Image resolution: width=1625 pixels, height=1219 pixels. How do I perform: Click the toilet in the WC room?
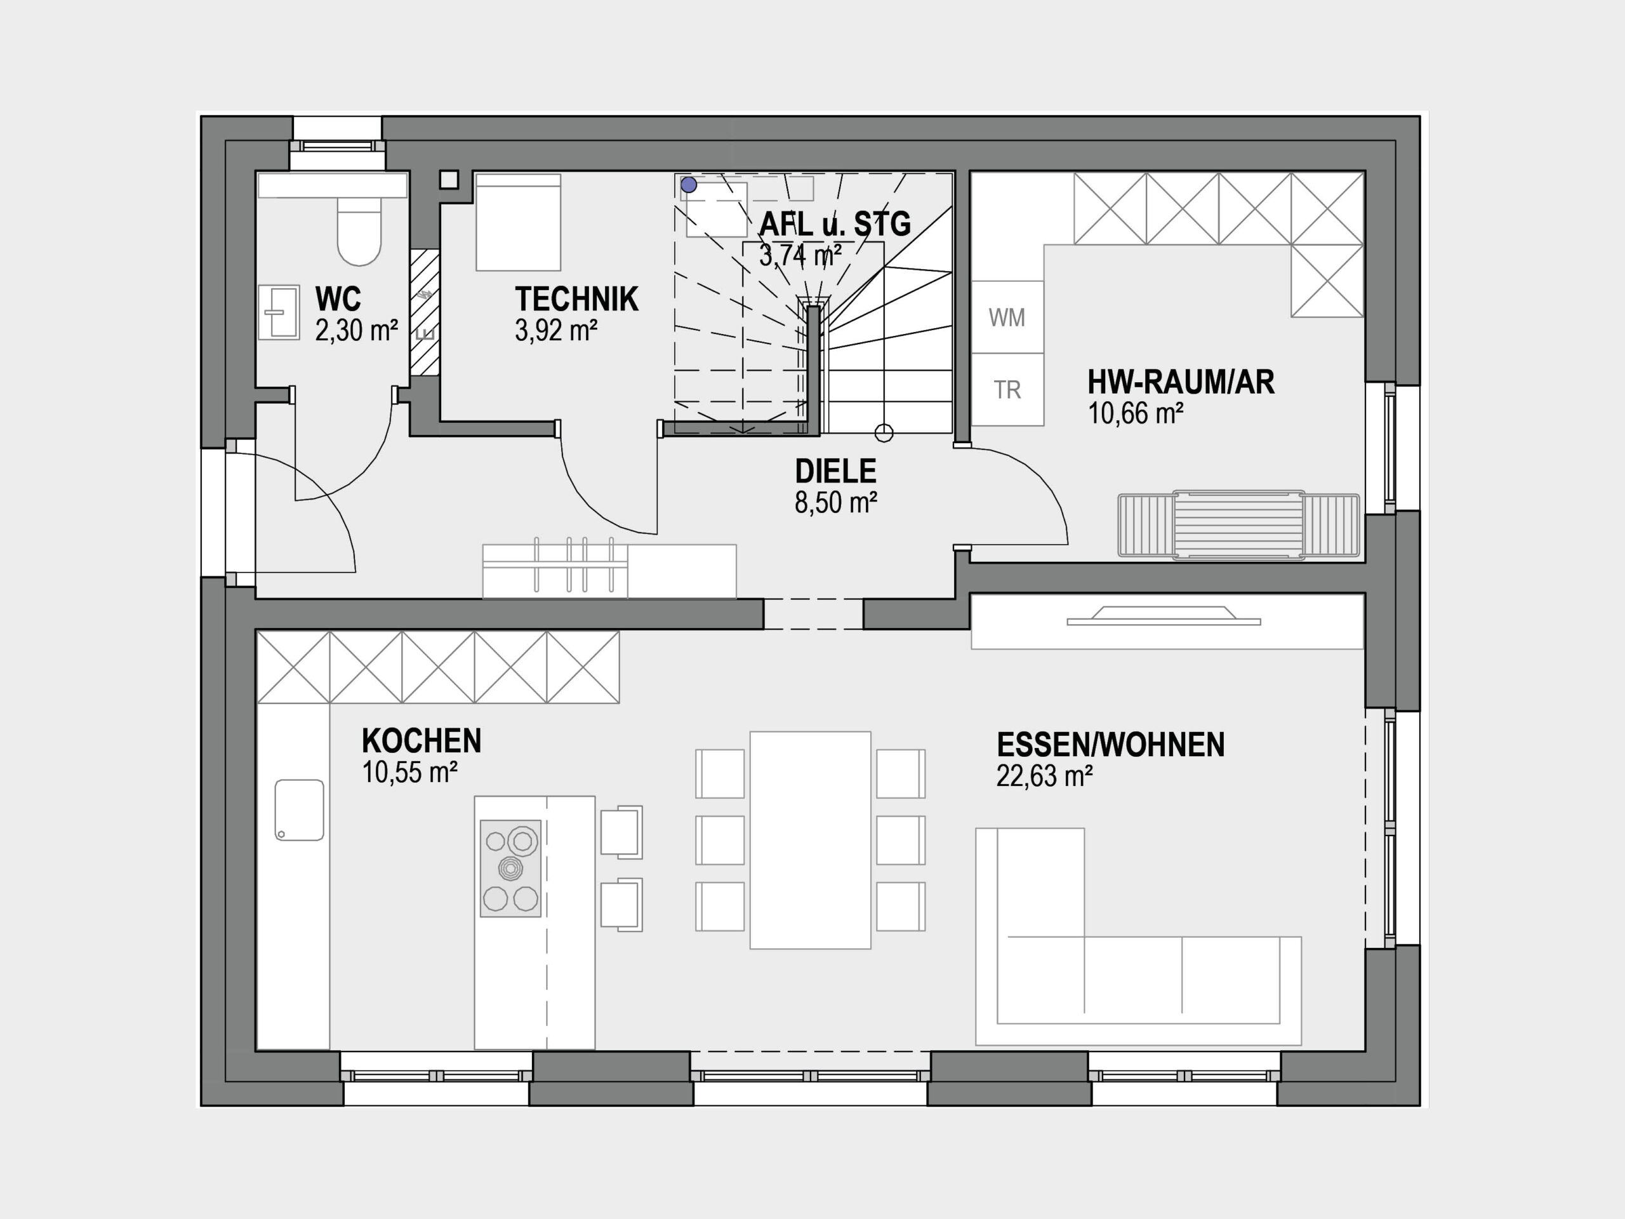click(359, 229)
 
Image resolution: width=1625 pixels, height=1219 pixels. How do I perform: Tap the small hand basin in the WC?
click(279, 312)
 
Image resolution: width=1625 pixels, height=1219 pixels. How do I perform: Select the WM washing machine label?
click(1007, 317)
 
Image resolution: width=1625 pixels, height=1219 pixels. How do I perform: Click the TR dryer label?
click(1007, 389)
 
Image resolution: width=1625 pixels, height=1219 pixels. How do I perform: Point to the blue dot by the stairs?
click(688, 184)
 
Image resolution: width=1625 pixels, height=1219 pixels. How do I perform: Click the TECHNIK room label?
click(576, 299)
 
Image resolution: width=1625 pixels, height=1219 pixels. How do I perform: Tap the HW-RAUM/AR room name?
click(1181, 382)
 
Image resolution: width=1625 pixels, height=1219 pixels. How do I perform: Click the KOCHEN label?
click(421, 741)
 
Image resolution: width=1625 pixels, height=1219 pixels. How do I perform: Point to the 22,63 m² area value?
click(1045, 776)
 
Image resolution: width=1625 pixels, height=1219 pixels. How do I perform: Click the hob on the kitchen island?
click(510, 869)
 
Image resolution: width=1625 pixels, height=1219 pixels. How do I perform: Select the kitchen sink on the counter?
click(300, 809)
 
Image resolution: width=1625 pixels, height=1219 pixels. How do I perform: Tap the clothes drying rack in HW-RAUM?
click(1238, 525)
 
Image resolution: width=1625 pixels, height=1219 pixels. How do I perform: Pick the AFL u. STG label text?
click(835, 223)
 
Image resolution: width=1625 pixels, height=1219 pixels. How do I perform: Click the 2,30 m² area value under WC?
click(356, 331)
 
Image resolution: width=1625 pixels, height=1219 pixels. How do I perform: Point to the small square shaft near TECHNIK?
click(449, 179)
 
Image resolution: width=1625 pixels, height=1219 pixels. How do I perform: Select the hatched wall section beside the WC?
click(425, 313)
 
